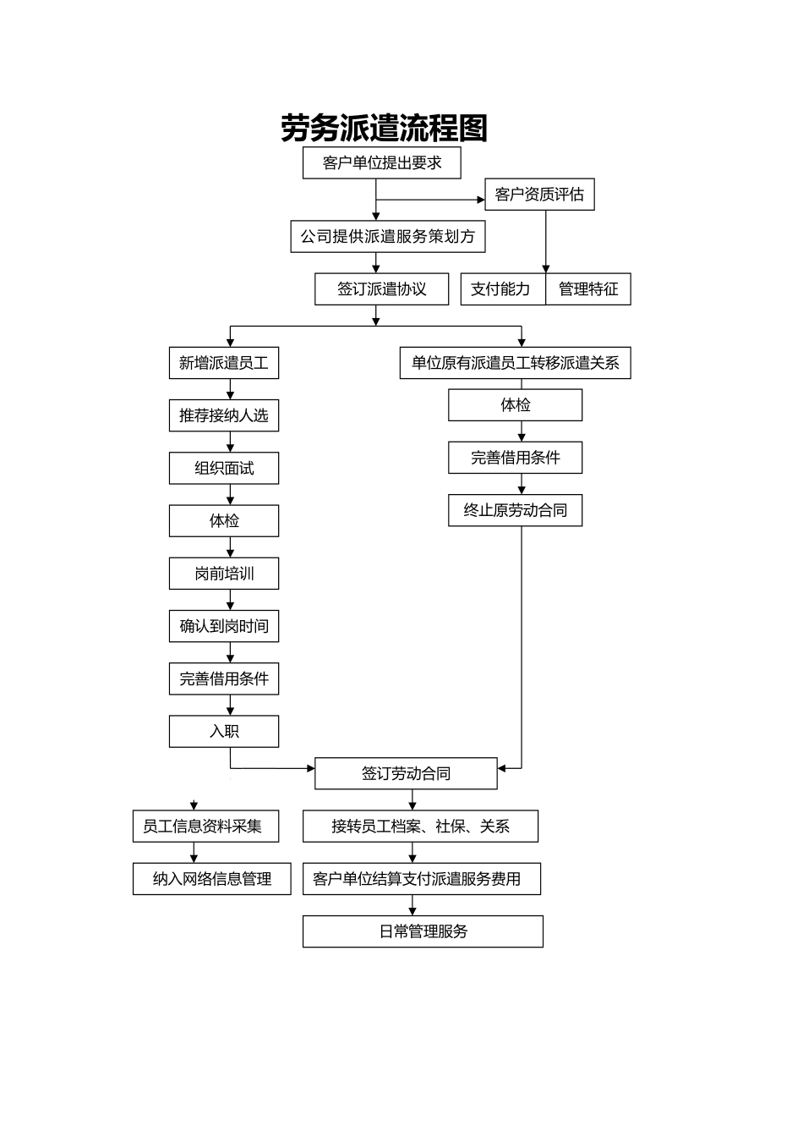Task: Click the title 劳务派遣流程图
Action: point(385,128)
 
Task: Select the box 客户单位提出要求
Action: point(382,162)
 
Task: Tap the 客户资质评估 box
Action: point(539,195)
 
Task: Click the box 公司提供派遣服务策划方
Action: point(388,237)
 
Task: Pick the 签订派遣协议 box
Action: point(382,289)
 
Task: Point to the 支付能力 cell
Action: point(501,289)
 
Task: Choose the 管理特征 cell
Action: point(588,289)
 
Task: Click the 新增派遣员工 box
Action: point(224,364)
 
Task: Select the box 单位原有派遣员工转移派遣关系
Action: point(516,364)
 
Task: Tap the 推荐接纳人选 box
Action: point(224,415)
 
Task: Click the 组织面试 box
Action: point(224,469)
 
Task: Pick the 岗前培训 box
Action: point(224,574)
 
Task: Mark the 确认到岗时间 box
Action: point(224,626)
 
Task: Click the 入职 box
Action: point(224,732)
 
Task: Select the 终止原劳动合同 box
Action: point(516,511)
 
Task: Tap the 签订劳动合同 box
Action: point(406,774)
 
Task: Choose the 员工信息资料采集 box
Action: point(202,827)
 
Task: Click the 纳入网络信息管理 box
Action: point(212,879)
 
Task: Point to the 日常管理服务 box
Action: point(423,932)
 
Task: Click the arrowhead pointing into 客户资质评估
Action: point(480,200)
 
